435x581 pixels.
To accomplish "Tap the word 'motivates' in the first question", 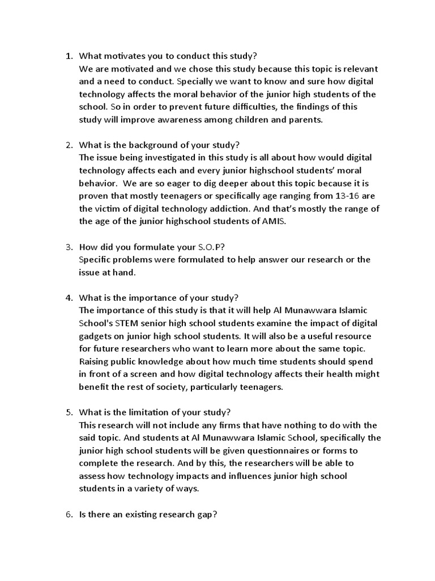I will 122,56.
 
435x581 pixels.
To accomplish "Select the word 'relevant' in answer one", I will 355,69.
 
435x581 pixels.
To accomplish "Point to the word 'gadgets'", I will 96,336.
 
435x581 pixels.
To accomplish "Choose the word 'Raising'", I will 95,361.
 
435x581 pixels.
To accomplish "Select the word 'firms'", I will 228,425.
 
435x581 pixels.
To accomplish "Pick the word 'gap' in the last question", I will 204,514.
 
